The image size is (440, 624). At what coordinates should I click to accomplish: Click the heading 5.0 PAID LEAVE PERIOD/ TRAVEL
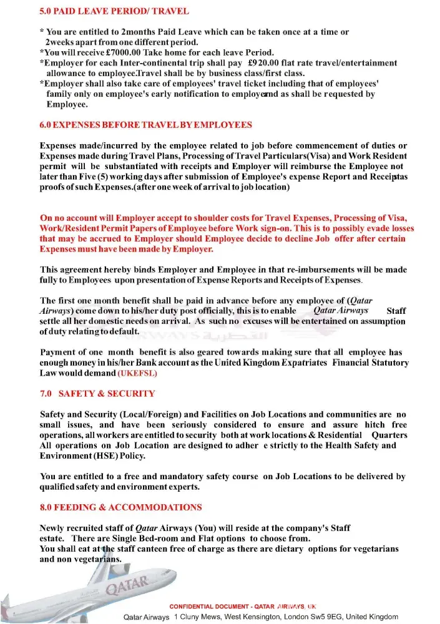(114, 11)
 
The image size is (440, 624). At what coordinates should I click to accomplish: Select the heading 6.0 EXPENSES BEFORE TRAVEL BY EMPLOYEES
(145, 125)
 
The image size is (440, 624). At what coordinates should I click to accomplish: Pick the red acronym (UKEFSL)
(137, 373)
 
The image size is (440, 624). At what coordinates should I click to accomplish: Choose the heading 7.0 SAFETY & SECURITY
(97, 394)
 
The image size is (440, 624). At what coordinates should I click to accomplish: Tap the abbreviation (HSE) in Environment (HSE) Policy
(109, 456)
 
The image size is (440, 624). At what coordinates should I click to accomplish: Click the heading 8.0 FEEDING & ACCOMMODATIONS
(120, 507)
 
